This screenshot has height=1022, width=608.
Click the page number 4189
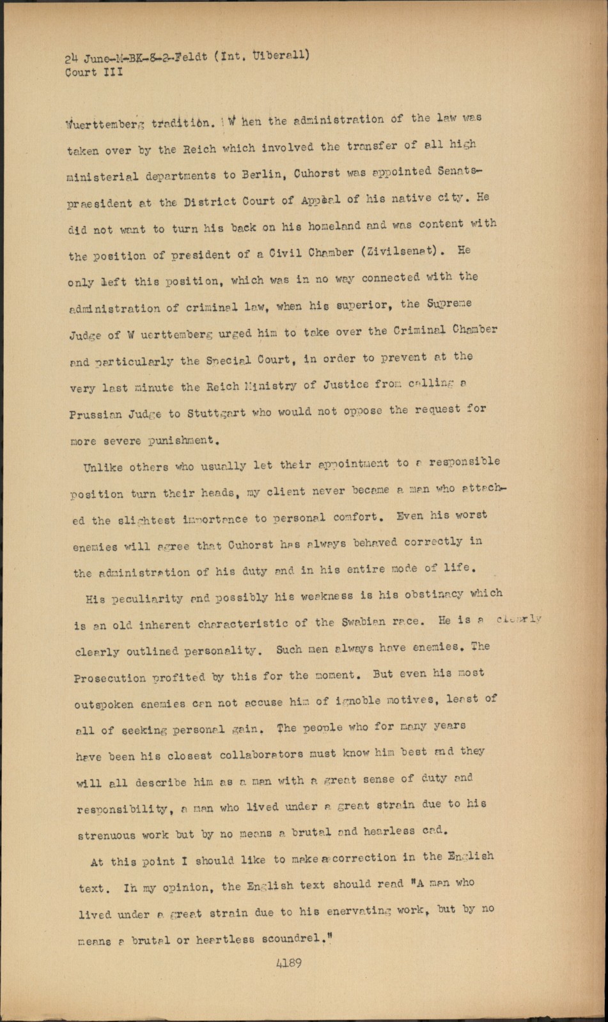click(289, 964)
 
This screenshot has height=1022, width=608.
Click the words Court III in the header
click(93, 72)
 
